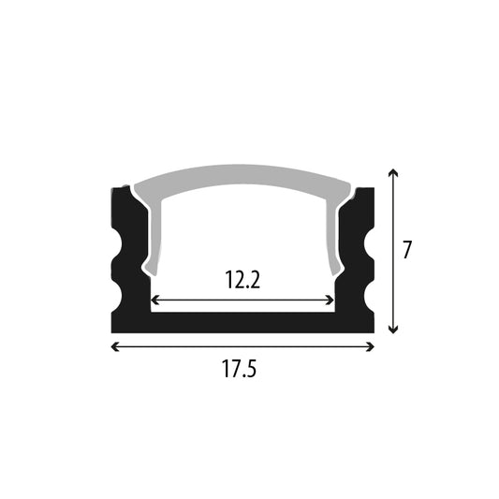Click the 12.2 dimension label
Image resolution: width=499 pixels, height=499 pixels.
click(x=242, y=280)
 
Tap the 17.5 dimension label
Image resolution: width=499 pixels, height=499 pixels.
click(x=239, y=369)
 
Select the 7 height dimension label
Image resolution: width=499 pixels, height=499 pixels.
click(x=407, y=250)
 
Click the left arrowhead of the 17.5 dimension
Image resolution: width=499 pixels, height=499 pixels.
click(x=114, y=346)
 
